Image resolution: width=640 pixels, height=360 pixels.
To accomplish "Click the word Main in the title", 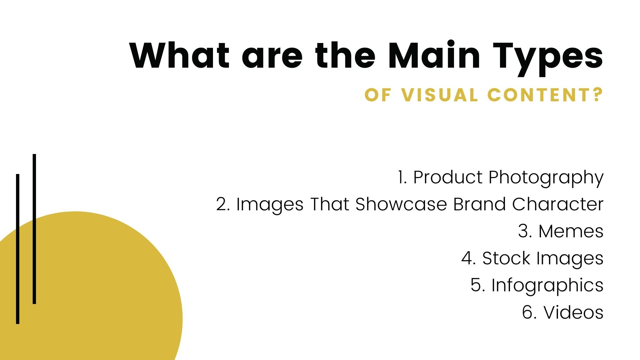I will click(434, 55).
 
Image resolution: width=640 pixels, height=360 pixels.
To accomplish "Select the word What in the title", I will click(180, 55).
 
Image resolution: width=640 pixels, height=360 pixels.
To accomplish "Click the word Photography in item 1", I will click(546, 178).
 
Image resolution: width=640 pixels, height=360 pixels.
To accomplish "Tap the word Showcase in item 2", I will click(401, 204).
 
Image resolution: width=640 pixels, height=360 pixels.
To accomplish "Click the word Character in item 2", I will click(558, 204).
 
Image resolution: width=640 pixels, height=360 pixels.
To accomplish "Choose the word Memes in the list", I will click(571, 231).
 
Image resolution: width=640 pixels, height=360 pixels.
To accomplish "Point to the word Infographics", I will click(547, 286).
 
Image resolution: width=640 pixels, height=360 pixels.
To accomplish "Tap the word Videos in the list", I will click(573, 312).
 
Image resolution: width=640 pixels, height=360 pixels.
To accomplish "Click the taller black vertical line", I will click(34, 229).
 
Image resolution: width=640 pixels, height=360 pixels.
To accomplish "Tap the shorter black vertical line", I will click(18, 249).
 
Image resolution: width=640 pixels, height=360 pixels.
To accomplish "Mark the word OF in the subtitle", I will click(377, 95).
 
